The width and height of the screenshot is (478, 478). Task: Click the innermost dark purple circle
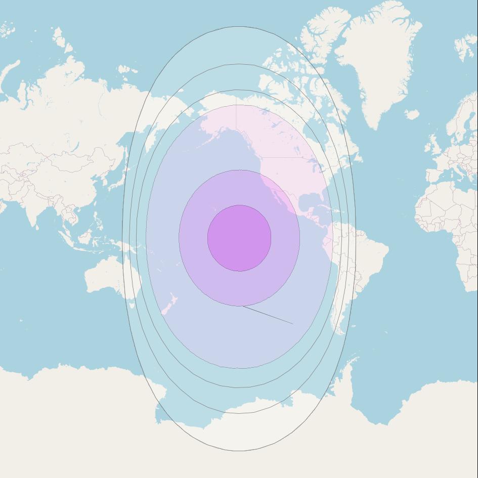(x=239, y=238)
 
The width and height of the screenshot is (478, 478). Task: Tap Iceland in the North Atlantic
(x=412, y=115)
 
